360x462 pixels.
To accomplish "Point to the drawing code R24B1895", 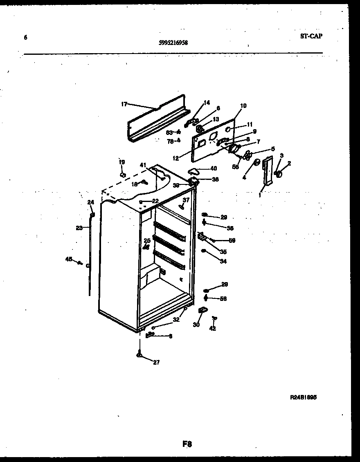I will tap(304, 397).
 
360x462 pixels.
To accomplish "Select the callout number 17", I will tap(124, 104).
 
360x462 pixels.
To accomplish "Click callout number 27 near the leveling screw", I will tap(156, 362).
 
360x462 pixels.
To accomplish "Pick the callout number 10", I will tap(243, 105).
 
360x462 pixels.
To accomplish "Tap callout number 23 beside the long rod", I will tap(79, 228).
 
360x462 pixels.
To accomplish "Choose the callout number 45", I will tap(68, 258).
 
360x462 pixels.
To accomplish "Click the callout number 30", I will tap(196, 325).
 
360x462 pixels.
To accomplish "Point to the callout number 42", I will tap(212, 328).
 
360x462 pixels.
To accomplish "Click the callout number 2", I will tap(289, 164).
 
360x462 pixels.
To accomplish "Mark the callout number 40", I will tap(214, 168).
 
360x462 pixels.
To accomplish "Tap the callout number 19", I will tap(121, 162).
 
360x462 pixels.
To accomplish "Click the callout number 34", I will tap(223, 261).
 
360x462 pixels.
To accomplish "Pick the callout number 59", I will tap(232, 240).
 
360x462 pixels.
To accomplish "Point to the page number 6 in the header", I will tap(25, 38).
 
